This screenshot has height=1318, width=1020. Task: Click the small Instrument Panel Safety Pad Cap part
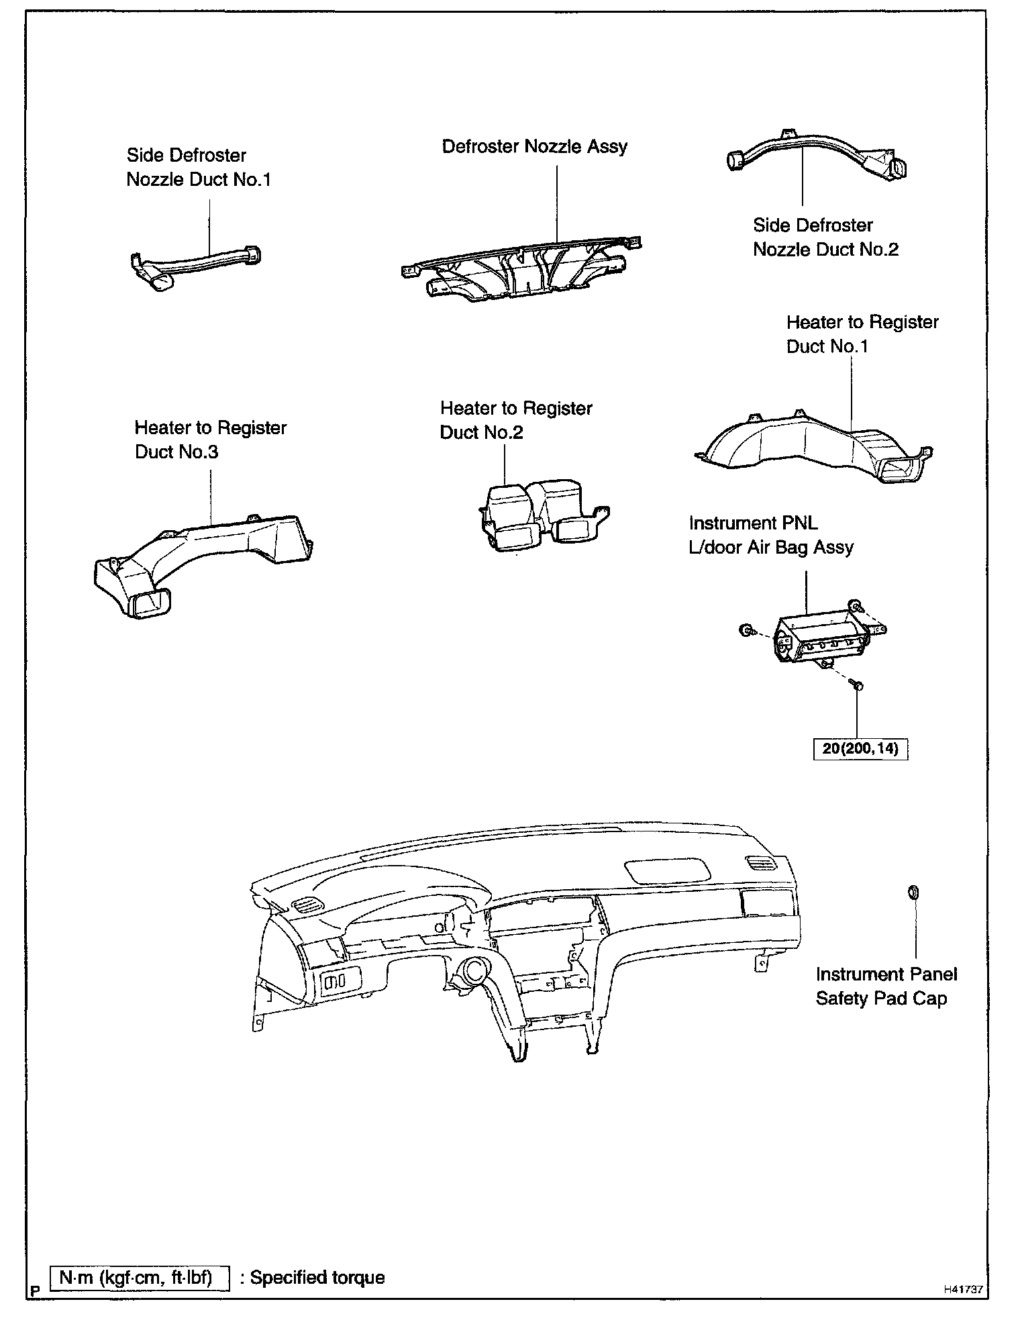[x=913, y=893]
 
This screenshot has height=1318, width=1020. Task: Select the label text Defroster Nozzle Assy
[x=534, y=147]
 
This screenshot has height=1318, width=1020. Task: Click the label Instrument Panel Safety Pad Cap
[x=886, y=986]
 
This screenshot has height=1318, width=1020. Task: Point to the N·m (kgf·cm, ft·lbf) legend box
[x=140, y=1278]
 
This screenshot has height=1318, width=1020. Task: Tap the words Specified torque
[x=317, y=1278]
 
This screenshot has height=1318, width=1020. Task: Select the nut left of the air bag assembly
[x=745, y=629]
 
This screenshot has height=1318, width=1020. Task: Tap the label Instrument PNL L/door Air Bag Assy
[x=770, y=535]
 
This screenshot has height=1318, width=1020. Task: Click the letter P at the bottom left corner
[x=36, y=1289]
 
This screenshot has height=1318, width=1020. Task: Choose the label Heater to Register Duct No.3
[x=210, y=440]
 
